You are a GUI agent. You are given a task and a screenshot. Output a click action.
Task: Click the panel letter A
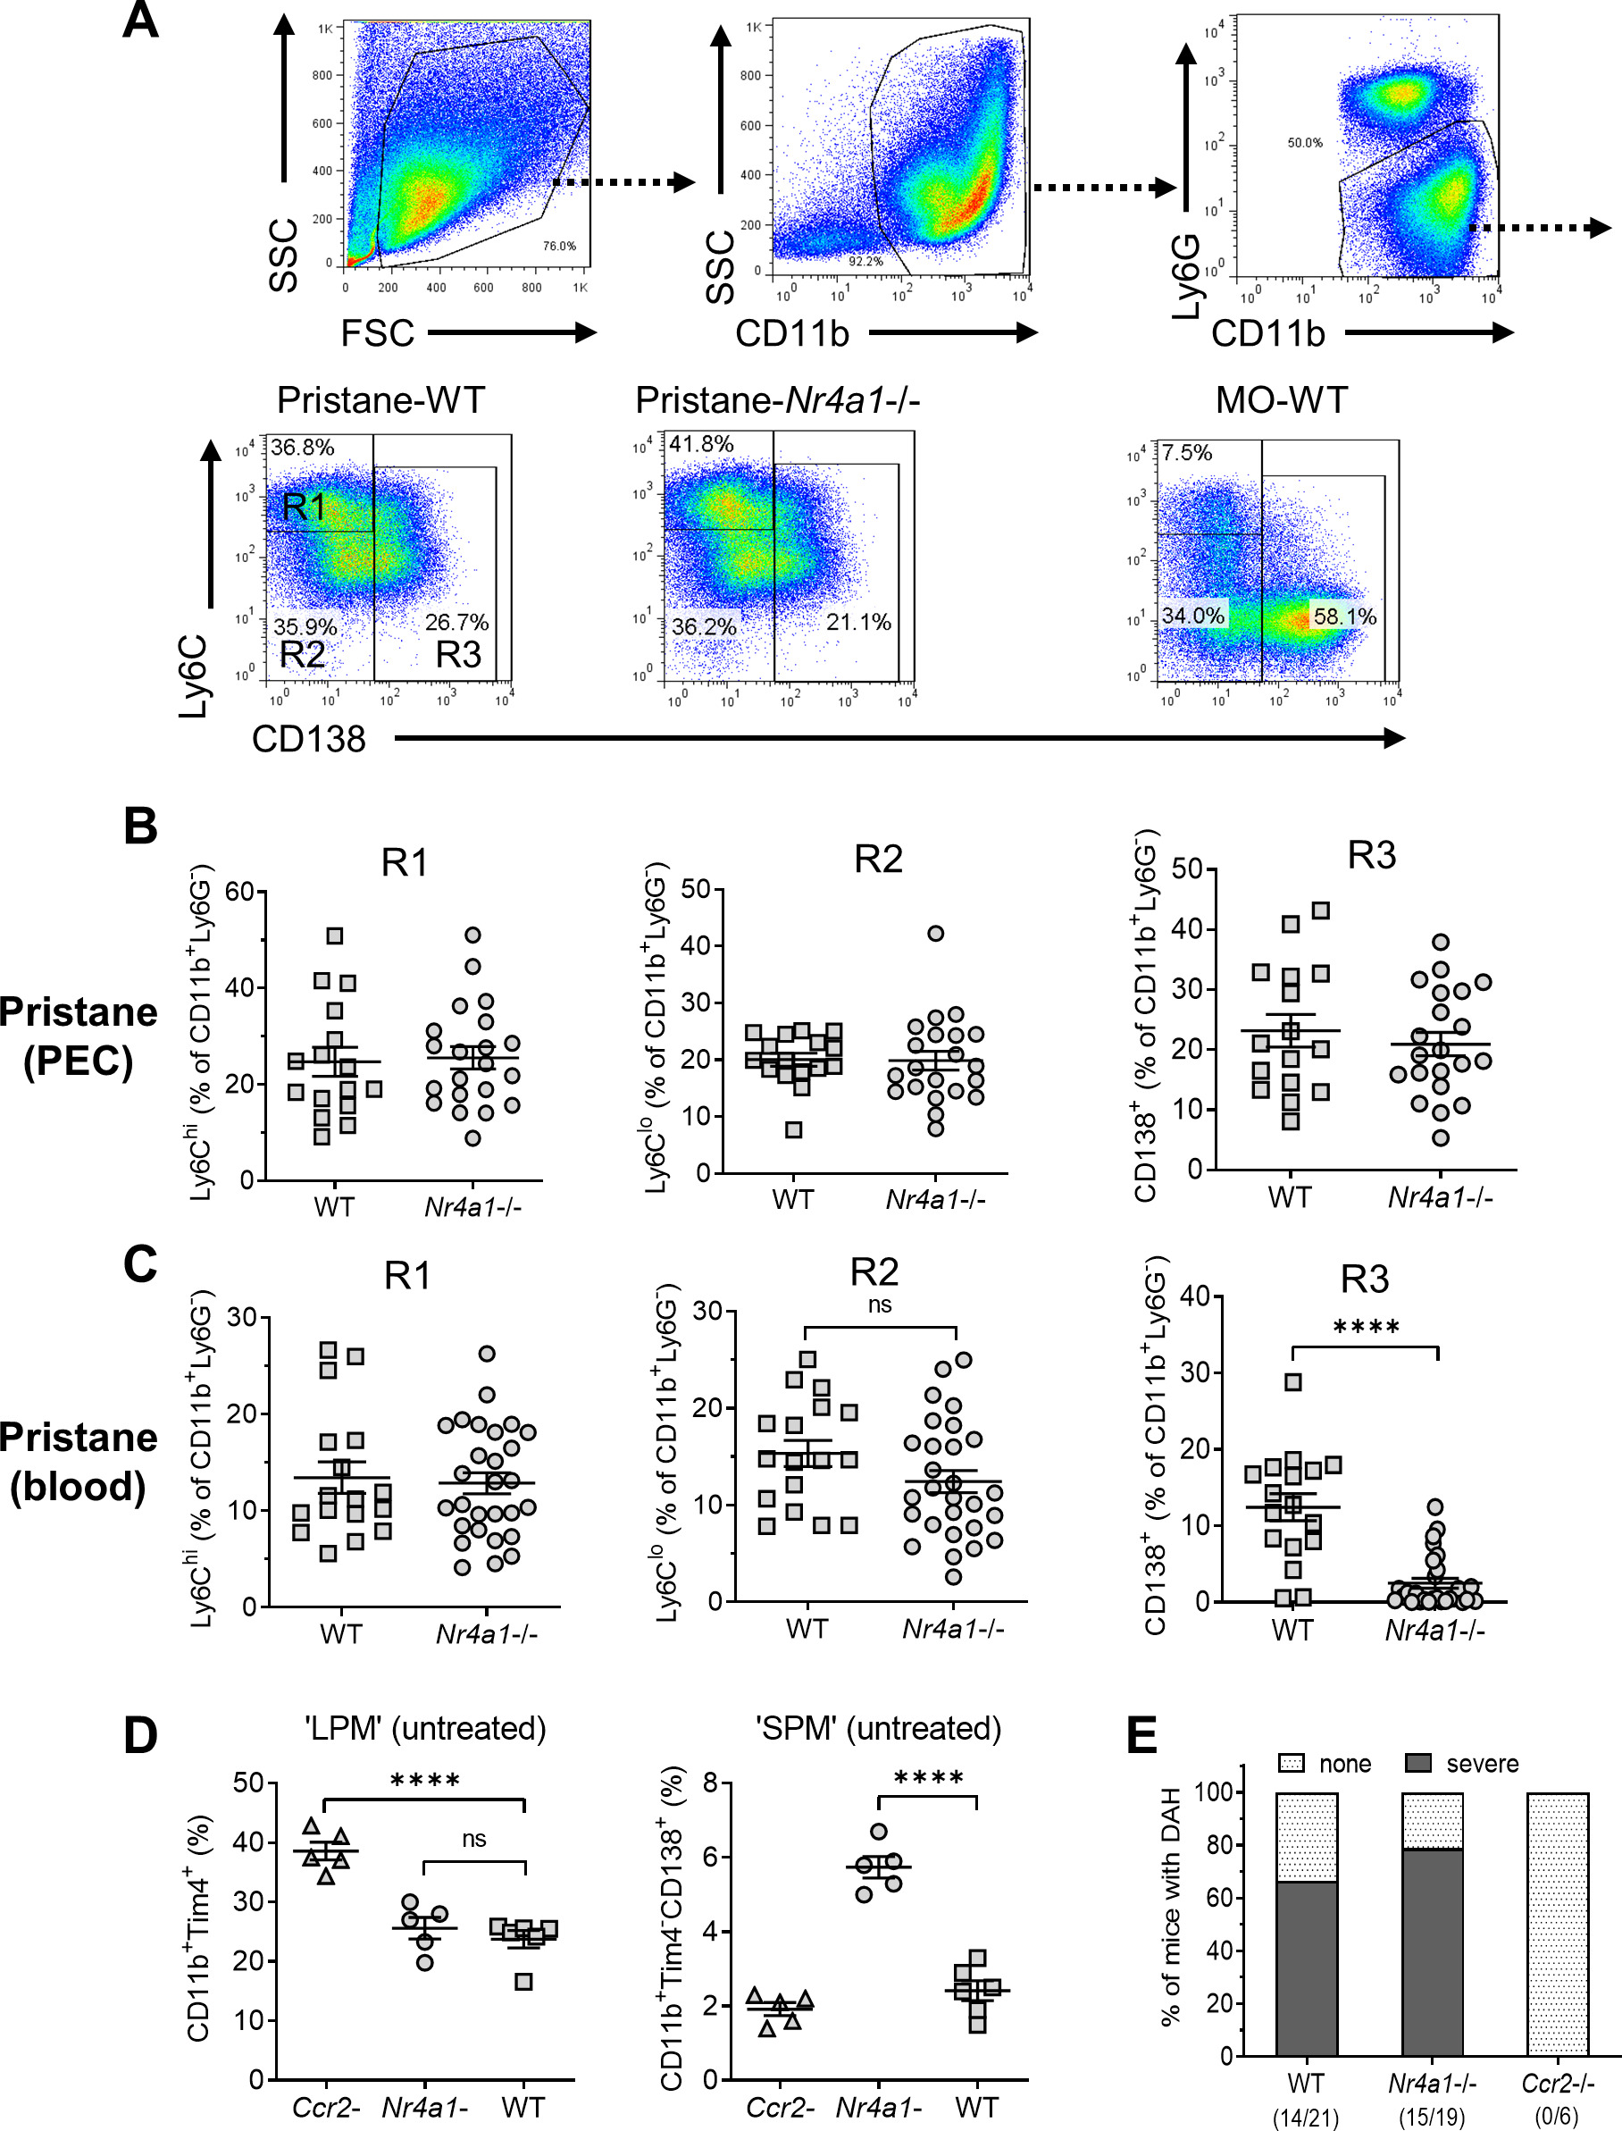coord(140,21)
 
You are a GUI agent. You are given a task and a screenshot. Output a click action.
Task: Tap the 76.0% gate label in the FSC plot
coord(559,247)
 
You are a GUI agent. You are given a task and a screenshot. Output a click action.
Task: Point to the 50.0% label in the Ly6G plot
coord(1304,143)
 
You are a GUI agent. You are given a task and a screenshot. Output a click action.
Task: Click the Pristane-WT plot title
coord(380,399)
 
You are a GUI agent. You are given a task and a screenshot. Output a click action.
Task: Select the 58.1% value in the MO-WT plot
coord(1344,616)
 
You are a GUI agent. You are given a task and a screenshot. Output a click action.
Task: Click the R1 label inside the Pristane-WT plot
coord(304,507)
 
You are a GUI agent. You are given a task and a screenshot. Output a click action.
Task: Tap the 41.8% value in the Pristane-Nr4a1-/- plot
coord(701,444)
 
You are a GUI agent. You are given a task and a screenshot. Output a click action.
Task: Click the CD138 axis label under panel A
coord(309,739)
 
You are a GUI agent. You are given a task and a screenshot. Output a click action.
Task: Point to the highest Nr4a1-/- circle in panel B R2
coord(935,934)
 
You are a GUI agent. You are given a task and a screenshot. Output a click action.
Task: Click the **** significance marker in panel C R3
coord(1365,1328)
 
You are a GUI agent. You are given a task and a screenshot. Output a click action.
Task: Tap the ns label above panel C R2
coord(880,1305)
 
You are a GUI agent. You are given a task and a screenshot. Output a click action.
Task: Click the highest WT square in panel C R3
coord(1293,1381)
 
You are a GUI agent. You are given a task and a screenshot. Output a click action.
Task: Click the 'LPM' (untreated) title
coord(425,1727)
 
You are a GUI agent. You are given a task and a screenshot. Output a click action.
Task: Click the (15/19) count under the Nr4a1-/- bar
coord(1432,2117)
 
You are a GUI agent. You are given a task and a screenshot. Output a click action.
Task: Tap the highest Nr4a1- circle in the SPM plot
coord(879,1832)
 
